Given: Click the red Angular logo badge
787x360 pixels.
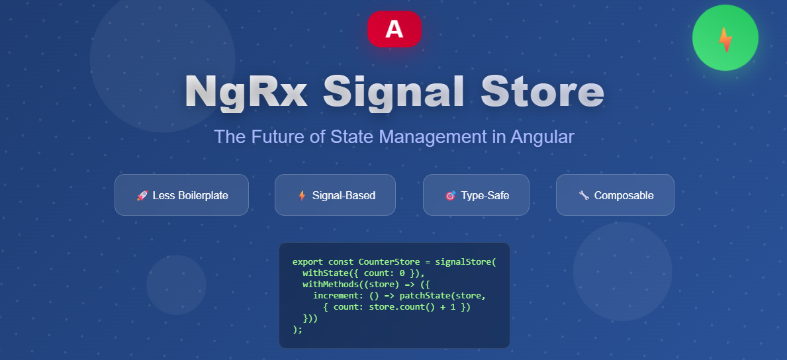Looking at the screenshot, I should pos(394,29).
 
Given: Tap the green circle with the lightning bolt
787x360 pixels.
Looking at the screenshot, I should pos(725,38).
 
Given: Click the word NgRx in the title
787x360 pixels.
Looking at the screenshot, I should pos(246,91).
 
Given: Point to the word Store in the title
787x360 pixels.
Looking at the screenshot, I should pos(542,91).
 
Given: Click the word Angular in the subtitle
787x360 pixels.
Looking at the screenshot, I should pos(542,137).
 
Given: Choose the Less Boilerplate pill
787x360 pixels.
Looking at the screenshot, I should pos(181,195).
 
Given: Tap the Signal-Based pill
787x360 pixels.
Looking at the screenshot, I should pos(335,195).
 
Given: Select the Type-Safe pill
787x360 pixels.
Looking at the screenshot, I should pos(476,195).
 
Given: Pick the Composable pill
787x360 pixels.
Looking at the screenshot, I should pos(615,195).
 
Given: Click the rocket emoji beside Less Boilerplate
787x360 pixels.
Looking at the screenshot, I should pos(142,195).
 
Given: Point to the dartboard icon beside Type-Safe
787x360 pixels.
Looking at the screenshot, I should pos(451,195).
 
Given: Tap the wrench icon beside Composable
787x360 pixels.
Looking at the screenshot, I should pos(584,195).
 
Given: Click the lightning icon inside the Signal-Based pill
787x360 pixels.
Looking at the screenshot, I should pos(302,195).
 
